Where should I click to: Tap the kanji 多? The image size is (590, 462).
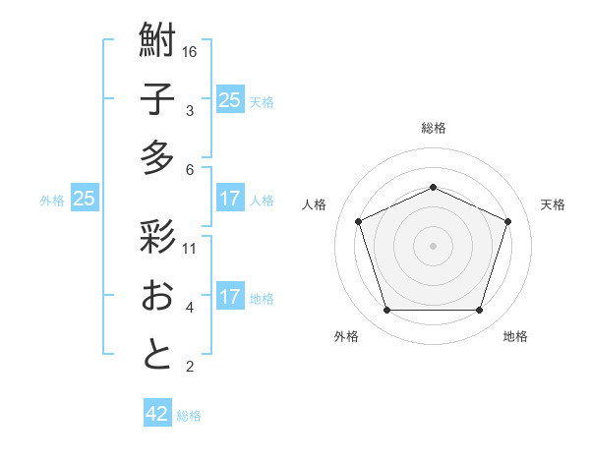point(157,157)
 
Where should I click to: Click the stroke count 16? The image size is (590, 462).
point(191,51)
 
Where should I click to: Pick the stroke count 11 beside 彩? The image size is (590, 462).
point(190,248)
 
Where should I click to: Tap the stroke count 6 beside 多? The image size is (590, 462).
point(190,169)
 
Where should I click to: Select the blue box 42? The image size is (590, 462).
point(157,414)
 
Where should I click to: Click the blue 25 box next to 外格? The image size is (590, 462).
point(85,200)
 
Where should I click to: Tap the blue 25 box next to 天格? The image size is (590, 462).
point(229,100)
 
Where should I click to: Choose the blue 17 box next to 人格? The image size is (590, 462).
point(229,200)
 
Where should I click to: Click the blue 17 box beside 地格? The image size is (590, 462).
point(229,297)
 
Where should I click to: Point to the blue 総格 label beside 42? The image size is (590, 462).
point(189,416)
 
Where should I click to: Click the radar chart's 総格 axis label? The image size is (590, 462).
point(433,128)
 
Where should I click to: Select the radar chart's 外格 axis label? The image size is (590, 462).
point(346,336)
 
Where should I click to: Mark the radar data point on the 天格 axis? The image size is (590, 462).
point(508,221)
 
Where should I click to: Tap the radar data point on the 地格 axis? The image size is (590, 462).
point(479,311)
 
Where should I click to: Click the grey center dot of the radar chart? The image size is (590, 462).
point(433,246)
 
